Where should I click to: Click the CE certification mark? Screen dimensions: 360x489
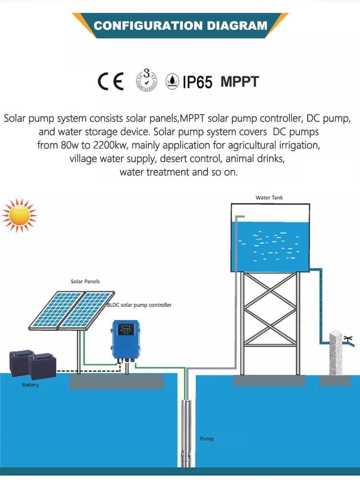click(x=111, y=81)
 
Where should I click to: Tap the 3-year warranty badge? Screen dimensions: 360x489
click(x=146, y=81)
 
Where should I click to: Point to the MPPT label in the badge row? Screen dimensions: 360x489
click(x=240, y=81)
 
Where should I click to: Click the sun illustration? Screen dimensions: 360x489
click(x=19, y=215)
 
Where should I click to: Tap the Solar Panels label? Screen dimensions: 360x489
click(x=85, y=281)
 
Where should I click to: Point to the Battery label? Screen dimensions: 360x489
click(x=30, y=385)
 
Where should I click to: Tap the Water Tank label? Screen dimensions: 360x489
click(x=269, y=198)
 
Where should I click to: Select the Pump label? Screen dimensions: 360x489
click(x=207, y=439)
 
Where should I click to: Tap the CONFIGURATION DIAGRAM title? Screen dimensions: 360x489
click(x=180, y=25)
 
